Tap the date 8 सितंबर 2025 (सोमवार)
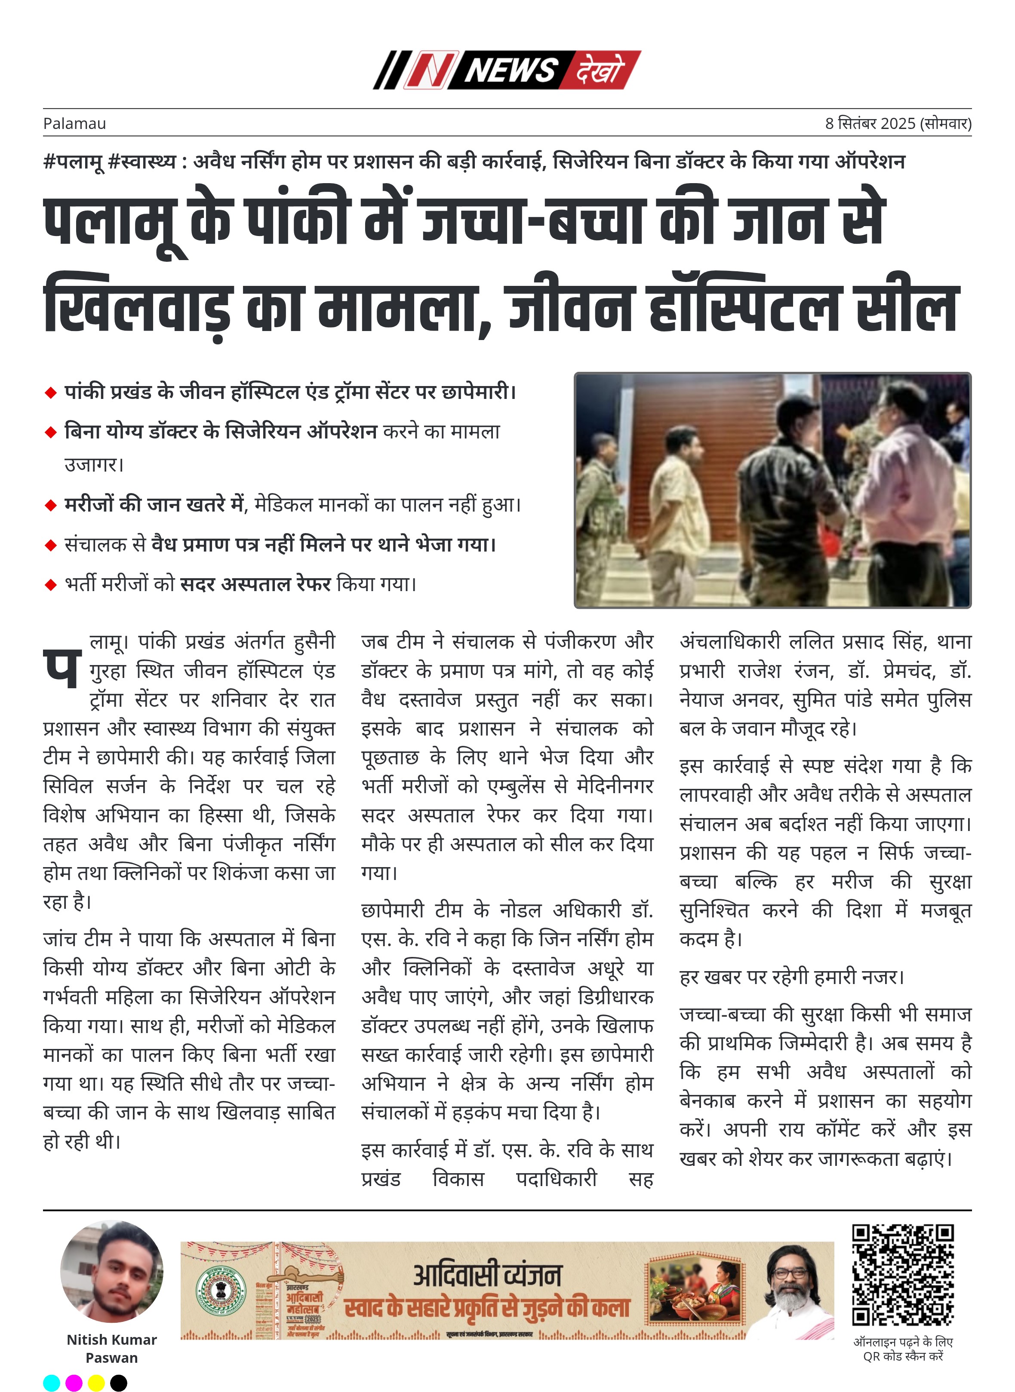tap(898, 123)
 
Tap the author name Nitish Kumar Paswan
tap(112, 1348)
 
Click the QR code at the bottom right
tap(903, 1275)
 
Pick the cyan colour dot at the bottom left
tap(52, 1382)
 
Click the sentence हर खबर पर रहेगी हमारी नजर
tap(791, 977)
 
